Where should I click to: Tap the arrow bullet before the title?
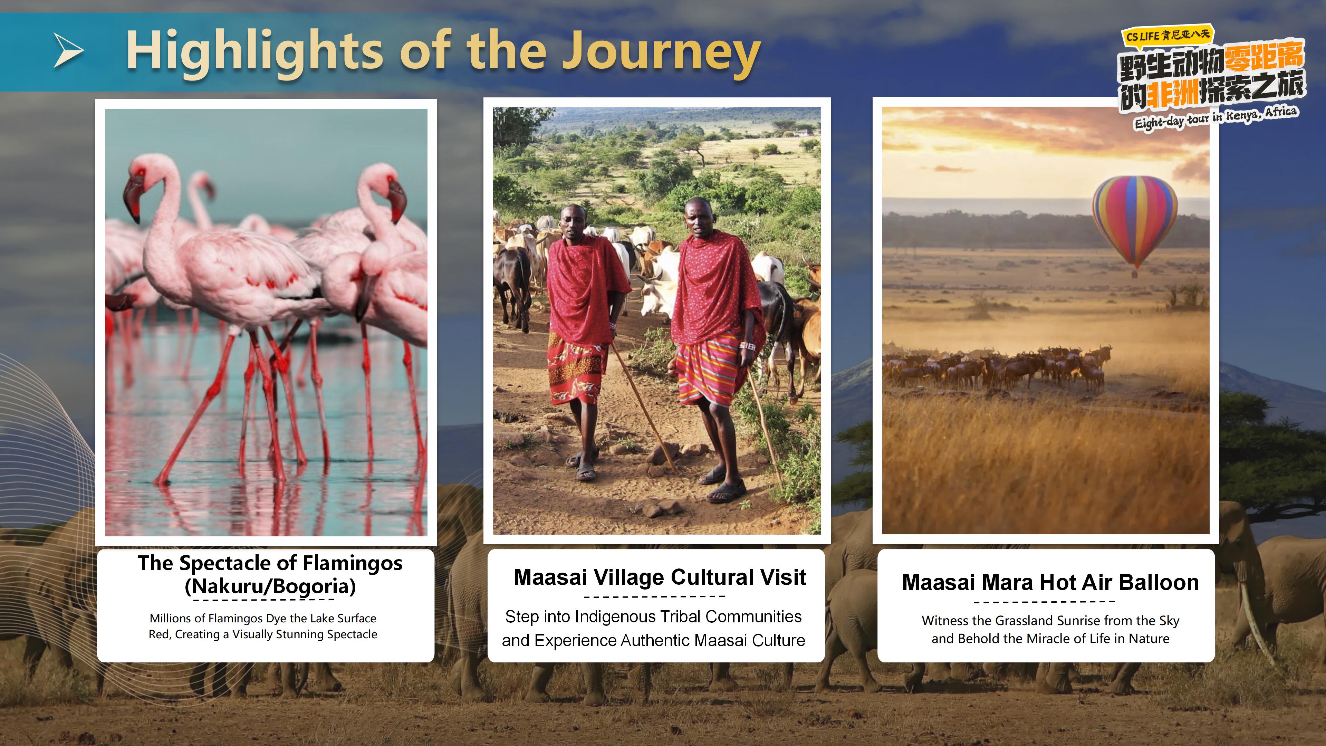(68, 50)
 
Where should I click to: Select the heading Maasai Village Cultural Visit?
(660, 577)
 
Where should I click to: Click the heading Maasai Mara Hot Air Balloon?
(1050, 582)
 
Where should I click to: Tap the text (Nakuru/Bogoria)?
(270, 586)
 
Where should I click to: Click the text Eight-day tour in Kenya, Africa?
(1216, 118)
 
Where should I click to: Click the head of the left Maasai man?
(573, 220)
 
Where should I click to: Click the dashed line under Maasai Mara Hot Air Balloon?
(1045, 601)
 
